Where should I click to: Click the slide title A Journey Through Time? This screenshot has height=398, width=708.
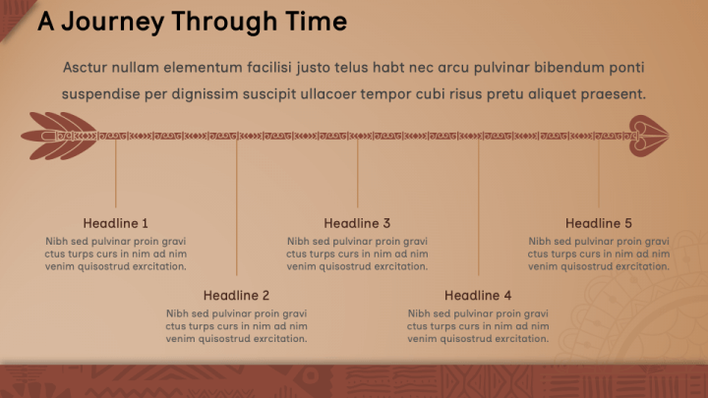click(x=192, y=22)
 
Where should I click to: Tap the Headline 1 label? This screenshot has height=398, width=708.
click(x=116, y=223)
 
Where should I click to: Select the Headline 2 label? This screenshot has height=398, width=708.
click(x=236, y=295)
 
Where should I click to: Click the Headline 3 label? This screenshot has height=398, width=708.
click(x=357, y=223)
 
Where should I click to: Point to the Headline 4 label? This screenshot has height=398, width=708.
click(x=478, y=295)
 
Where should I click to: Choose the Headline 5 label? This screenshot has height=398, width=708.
click(x=598, y=223)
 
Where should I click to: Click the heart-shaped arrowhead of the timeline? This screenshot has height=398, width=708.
click(x=648, y=136)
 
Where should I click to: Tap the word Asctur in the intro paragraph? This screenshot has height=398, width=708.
click(x=86, y=68)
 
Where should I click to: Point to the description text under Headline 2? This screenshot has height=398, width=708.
click(x=236, y=326)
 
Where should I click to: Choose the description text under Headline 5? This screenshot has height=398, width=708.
click(x=598, y=254)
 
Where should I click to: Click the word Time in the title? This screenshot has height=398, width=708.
click(x=317, y=22)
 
